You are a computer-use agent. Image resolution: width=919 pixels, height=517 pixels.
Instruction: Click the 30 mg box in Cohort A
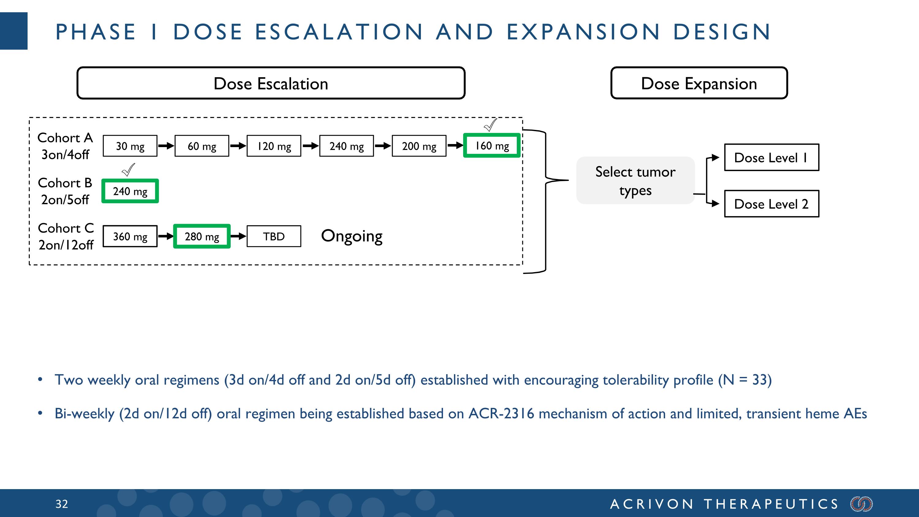(x=130, y=146)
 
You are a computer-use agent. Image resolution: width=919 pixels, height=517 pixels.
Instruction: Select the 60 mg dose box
(x=202, y=146)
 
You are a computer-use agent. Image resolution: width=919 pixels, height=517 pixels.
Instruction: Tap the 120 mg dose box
(x=274, y=146)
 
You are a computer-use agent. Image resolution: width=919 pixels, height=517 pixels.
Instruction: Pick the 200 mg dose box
(x=419, y=146)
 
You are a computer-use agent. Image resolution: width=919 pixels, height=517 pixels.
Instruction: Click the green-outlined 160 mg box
(x=492, y=146)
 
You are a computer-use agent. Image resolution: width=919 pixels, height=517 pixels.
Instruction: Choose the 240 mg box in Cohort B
(x=130, y=191)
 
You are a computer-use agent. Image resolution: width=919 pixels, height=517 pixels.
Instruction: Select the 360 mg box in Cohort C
(x=130, y=236)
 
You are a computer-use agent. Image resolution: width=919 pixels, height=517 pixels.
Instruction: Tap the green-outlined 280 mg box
(x=202, y=236)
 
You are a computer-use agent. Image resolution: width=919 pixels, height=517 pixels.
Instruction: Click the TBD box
(x=274, y=236)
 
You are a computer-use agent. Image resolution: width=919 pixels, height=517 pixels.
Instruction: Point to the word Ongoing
(x=351, y=236)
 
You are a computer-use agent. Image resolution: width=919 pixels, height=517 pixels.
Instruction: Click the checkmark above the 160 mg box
(x=490, y=125)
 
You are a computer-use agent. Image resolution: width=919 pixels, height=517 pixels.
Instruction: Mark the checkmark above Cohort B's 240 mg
(x=128, y=170)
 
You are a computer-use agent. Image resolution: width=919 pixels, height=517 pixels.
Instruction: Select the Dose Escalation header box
(x=271, y=83)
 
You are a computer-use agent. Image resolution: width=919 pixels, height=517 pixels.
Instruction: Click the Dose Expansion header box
(x=699, y=83)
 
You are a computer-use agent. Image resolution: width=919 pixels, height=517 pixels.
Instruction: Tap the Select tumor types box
(x=635, y=181)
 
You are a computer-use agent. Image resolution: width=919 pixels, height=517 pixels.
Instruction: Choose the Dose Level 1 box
(x=771, y=157)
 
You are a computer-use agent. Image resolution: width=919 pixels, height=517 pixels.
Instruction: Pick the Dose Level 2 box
(x=771, y=204)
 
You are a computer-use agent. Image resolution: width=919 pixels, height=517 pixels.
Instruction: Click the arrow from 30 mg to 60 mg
(x=166, y=146)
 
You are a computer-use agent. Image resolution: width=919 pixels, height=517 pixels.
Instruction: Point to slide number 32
(x=62, y=504)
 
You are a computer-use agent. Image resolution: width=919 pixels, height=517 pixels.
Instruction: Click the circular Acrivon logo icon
(x=861, y=504)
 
